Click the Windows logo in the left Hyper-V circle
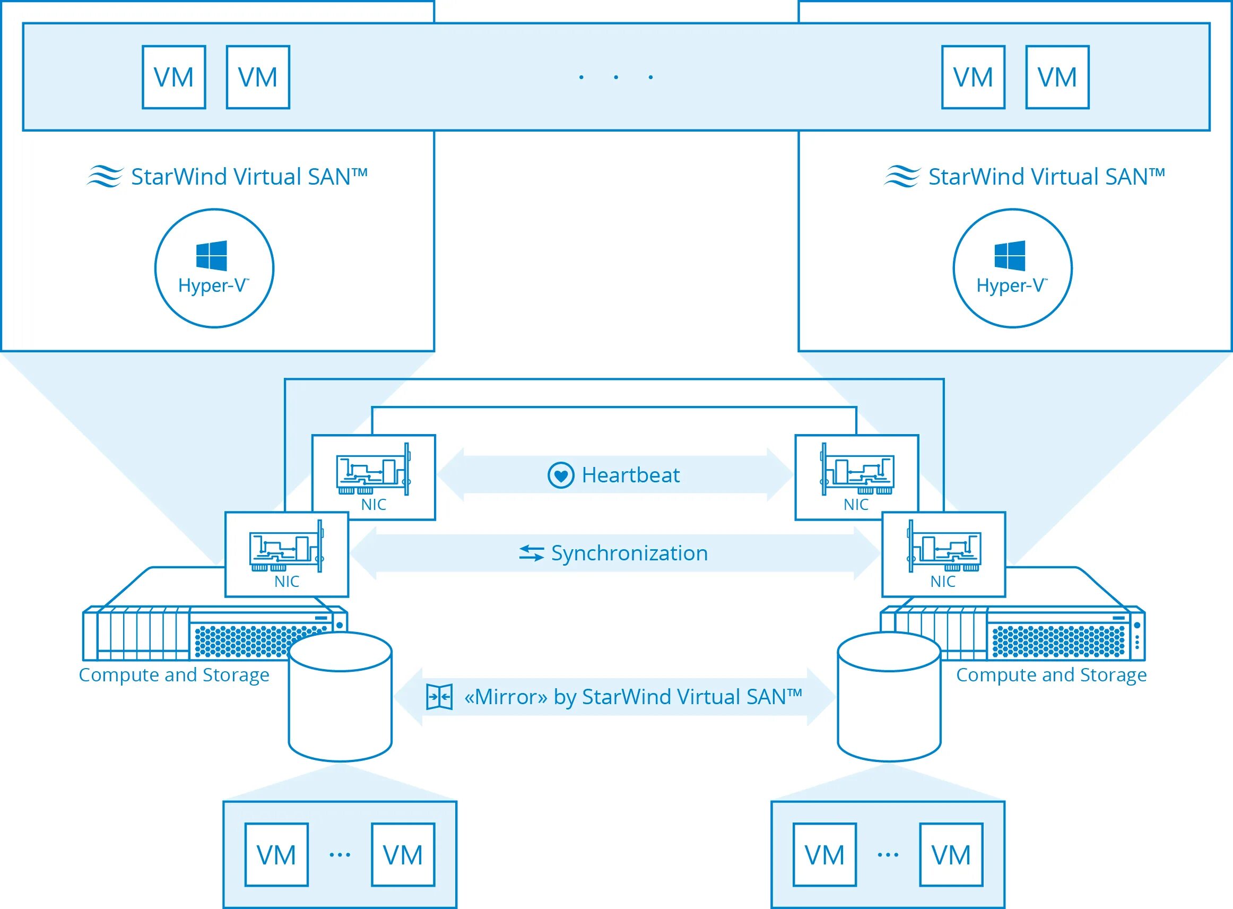tap(212, 255)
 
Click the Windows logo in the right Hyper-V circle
tap(1010, 255)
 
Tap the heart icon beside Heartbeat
tap(561, 475)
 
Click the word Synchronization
tap(629, 553)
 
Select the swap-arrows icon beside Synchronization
tap(532, 553)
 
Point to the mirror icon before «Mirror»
tap(440, 697)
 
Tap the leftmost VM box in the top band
tap(174, 77)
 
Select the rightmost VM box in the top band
tap(1057, 77)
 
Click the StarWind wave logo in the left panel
tap(105, 177)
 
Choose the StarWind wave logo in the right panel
tap(902, 177)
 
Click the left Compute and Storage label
tap(174, 674)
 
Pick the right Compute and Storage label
tap(1052, 674)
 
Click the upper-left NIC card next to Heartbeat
tap(374, 477)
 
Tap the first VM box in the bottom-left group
tap(276, 854)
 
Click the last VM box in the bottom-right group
tap(951, 854)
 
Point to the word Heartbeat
tap(630, 475)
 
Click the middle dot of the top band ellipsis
tap(615, 77)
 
